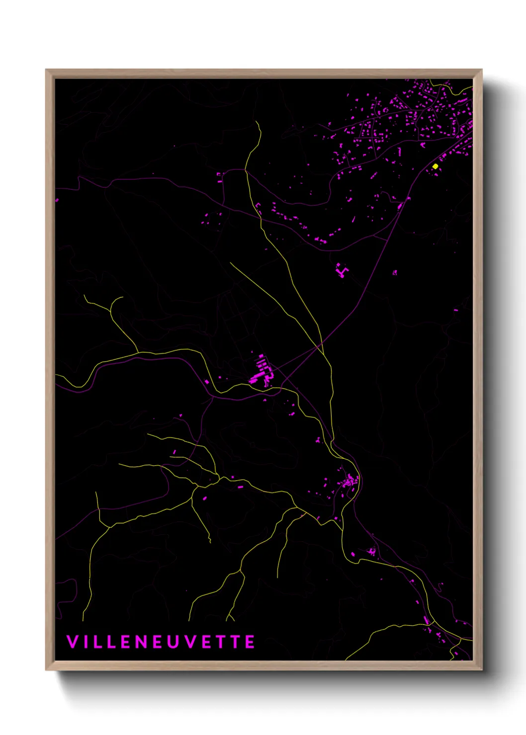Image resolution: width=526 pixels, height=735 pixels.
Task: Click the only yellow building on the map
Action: tap(435, 166)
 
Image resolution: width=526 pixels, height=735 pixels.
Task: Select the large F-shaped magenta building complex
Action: tap(342, 270)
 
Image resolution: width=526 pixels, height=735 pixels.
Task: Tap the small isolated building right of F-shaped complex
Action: tap(395, 272)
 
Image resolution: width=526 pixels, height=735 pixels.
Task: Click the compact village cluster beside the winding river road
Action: tap(349, 481)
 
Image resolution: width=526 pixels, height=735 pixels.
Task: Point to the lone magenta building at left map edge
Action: tap(57, 200)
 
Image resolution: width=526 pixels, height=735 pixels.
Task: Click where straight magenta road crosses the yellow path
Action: tap(321, 344)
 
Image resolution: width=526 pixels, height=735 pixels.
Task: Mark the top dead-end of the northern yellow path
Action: tap(257, 121)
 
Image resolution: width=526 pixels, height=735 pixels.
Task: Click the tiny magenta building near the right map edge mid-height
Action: tap(456, 310)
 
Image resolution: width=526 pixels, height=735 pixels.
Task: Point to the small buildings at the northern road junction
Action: tap(220, 174)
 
